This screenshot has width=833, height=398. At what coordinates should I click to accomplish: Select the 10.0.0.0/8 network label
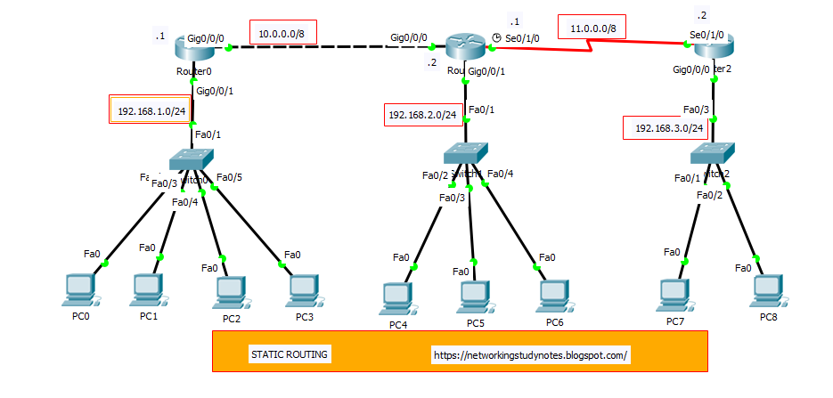[x=283, y=34]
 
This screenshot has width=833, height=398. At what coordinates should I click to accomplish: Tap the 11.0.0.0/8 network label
[x=592, y=29]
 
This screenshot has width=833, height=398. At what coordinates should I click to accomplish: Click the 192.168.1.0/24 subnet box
[x=151, y=111]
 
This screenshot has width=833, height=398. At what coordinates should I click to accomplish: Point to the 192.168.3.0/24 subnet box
[x=669, y=128]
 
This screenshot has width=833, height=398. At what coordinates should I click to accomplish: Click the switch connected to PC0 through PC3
[x=192, y=158]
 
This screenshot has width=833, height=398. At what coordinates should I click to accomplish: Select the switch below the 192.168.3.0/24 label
[x=712, y=153]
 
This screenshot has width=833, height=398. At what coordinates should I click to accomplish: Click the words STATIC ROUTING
[x=290, y=354]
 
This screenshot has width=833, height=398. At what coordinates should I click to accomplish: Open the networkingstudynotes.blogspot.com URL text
[x=531, y=354]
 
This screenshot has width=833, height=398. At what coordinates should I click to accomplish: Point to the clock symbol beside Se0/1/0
[x=496, y=37]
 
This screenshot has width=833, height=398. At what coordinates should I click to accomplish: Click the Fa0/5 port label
[x=229, y=176]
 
